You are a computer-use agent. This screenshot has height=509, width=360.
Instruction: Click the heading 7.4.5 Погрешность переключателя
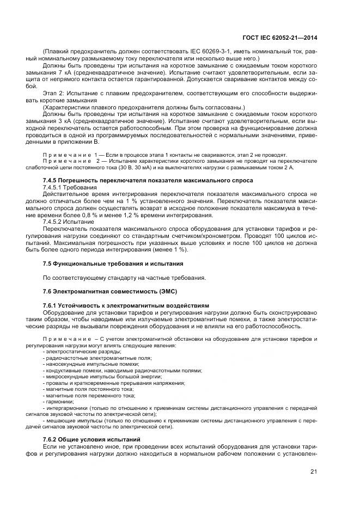148,180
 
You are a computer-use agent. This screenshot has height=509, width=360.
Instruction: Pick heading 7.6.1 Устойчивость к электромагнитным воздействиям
125,305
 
